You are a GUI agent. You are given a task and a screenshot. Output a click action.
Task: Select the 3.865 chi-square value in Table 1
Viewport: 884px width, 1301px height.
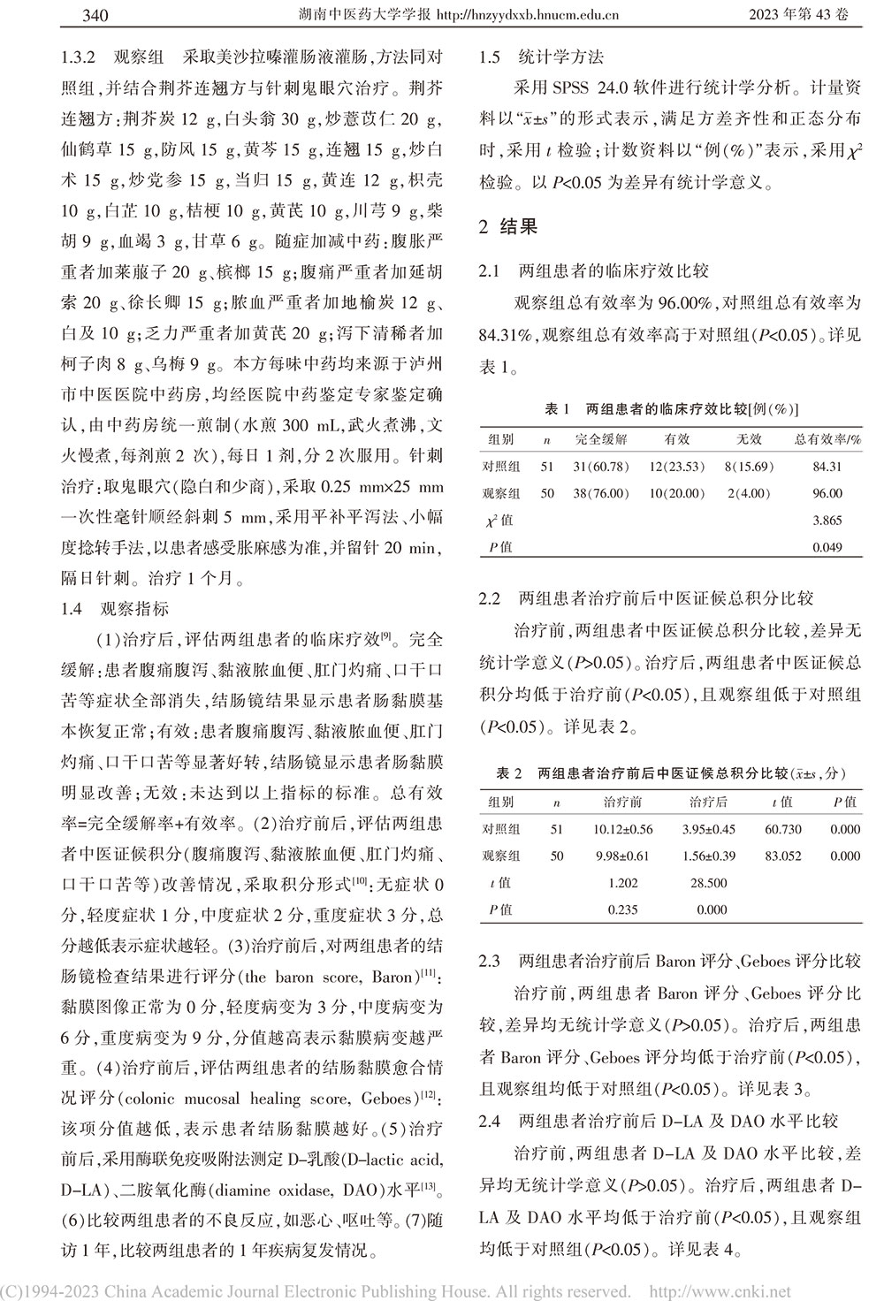[827, 521]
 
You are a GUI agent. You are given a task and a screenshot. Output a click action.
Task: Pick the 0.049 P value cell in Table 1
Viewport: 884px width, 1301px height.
[827, 548]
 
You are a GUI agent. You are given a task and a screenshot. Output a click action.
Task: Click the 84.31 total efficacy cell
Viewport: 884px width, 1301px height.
[827, 467]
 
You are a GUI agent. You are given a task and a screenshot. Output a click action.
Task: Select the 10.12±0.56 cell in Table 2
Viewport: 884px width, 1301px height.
[622, 829]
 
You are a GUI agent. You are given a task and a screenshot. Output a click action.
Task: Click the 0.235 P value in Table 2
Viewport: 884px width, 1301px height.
[622, 909]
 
